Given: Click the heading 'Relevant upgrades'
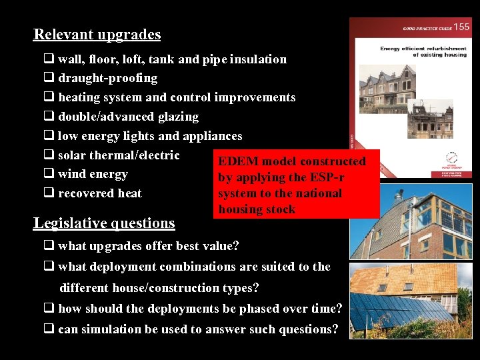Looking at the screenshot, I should (97, 35).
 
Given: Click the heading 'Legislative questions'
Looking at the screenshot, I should (104, 223).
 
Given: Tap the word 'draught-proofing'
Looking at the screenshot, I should (108, 78).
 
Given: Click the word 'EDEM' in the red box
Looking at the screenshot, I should (239, 161).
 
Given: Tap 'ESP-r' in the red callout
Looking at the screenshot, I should (327, 177).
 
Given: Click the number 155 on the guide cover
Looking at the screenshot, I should (461, 27).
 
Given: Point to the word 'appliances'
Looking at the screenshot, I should (213, 136).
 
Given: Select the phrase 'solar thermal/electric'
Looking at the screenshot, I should (119, 155).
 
